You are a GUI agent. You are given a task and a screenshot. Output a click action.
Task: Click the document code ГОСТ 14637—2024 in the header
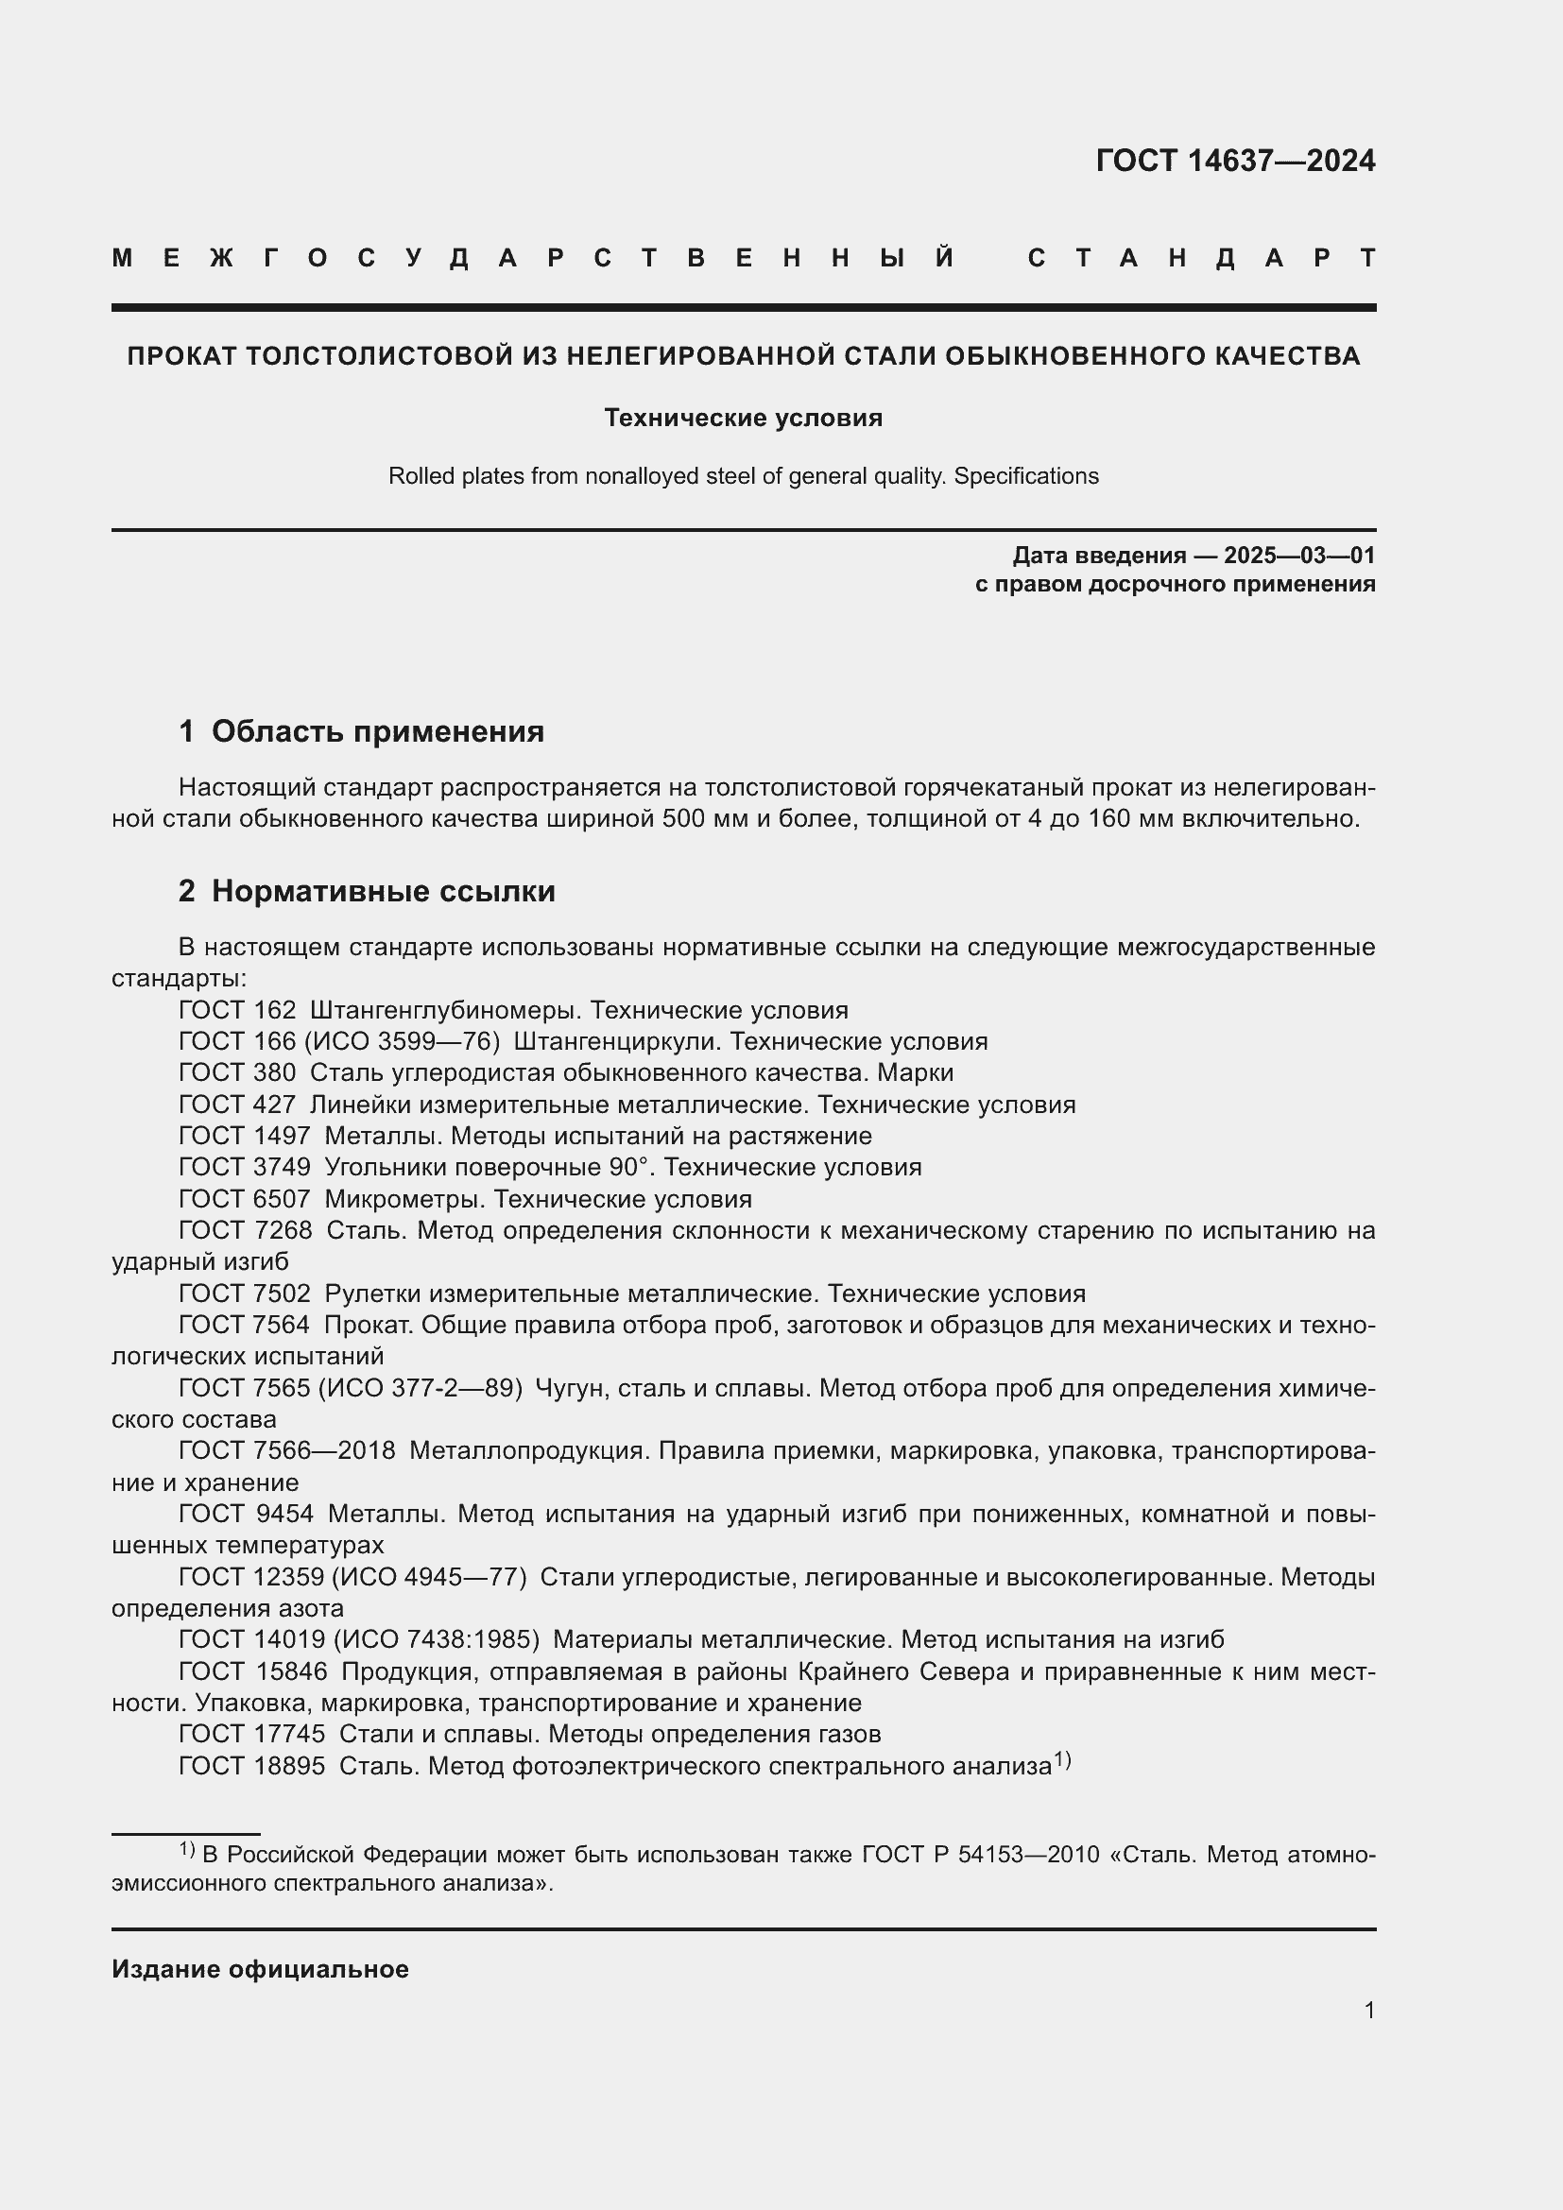(1235, 161)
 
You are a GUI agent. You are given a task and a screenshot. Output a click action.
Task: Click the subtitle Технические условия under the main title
(743, 418)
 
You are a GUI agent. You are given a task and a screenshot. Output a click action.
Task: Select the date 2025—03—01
(1299, 556)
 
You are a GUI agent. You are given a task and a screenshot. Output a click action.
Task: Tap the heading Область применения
(377, 731)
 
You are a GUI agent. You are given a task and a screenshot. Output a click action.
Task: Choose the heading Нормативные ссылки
(383, 891)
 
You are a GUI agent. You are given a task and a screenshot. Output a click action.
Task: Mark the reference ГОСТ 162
(237, 1011)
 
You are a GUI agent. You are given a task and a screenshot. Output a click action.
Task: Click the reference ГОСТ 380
(237, 1073)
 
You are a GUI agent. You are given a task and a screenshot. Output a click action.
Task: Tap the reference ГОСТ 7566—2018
(287, 1450)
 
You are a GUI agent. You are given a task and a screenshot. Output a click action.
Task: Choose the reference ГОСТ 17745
(252, 1735)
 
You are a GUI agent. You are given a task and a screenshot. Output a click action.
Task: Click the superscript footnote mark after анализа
(1061, 1760)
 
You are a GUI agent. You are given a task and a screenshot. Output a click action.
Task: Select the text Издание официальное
(260, 1969)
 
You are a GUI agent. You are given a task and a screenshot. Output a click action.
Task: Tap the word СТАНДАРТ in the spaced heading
(1201, 258)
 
